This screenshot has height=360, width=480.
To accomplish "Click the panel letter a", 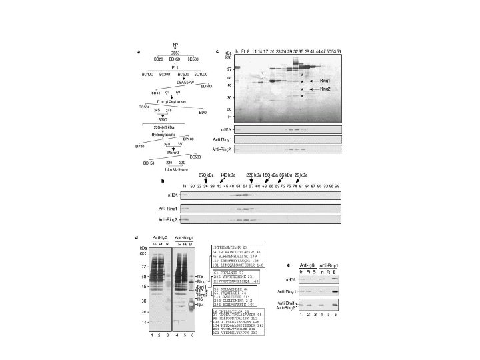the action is (x=139, y=51).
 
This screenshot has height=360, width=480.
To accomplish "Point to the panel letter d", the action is (x=137, y=237).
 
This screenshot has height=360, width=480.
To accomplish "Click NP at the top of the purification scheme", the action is (x=175, y=45).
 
